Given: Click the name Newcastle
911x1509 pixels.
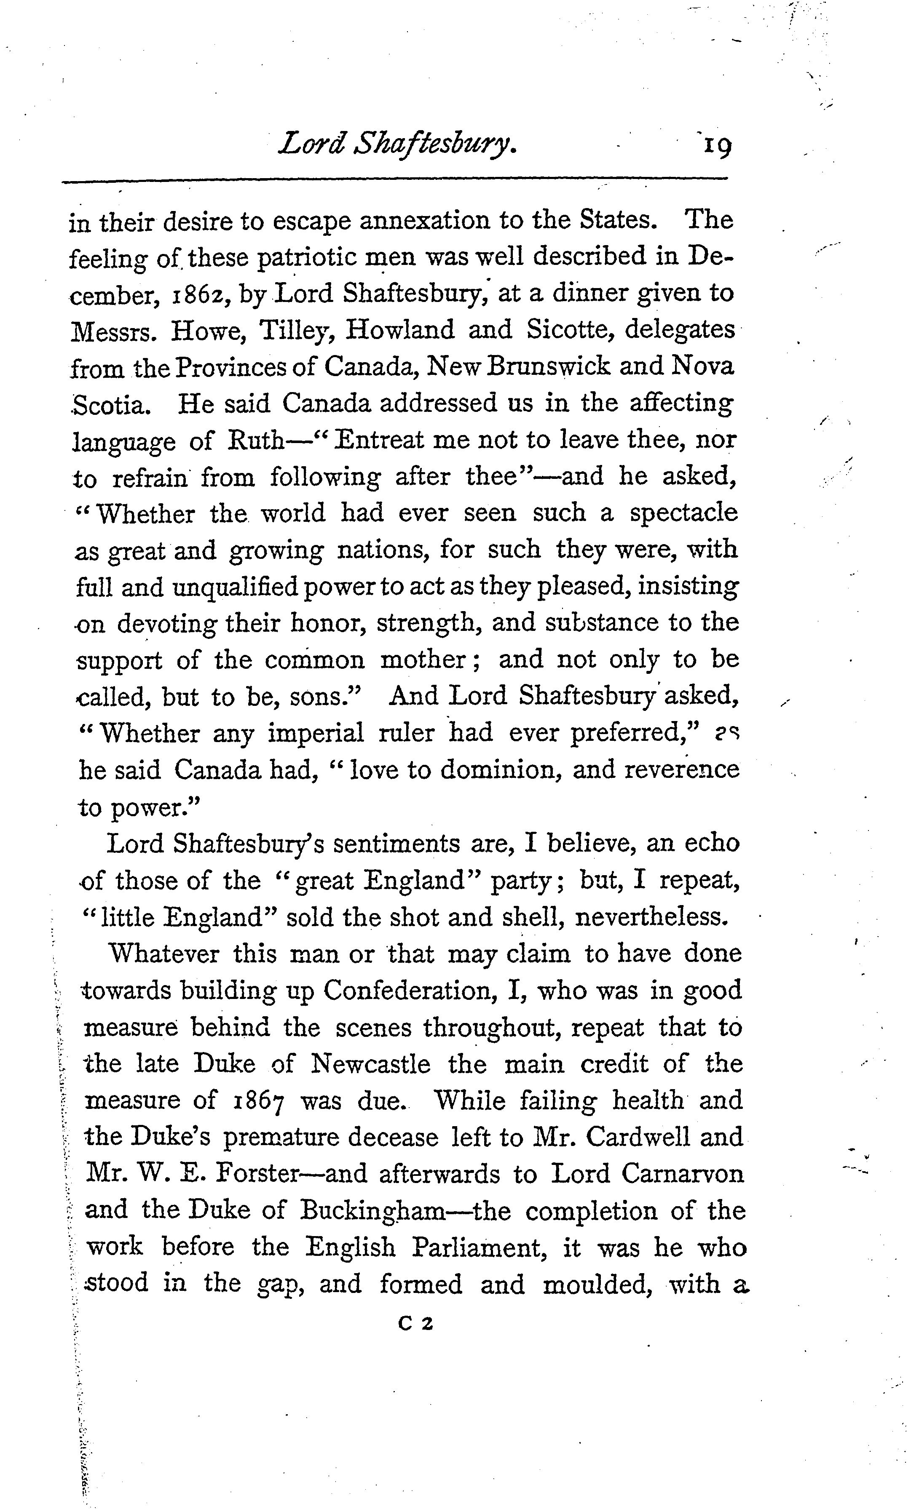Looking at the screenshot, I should coord(371,1064).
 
